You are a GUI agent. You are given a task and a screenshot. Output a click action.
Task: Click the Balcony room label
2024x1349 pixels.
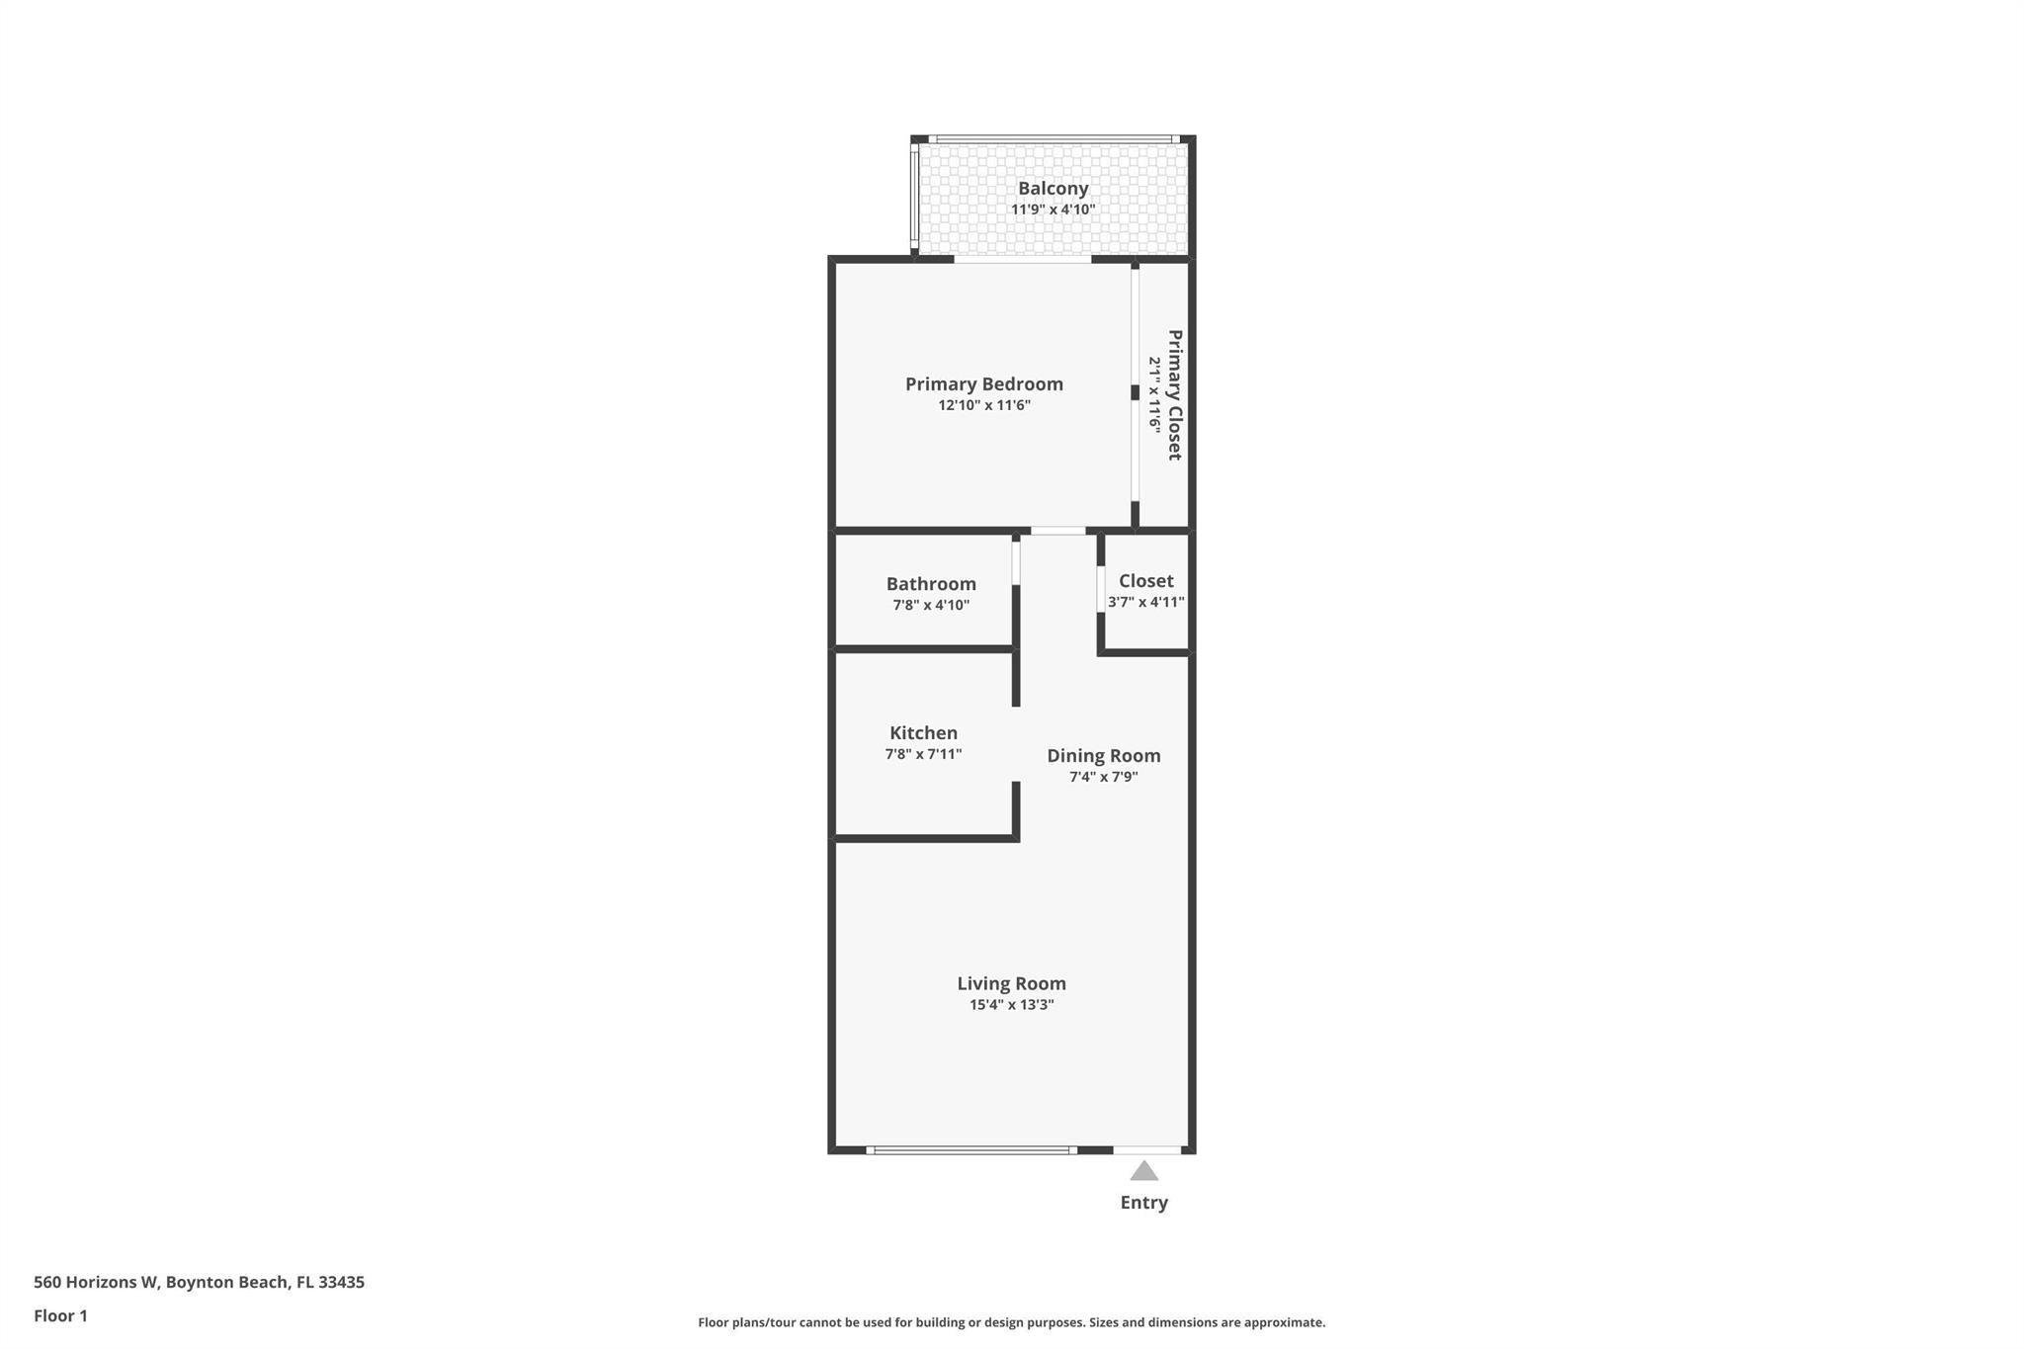[x=1053, y=188]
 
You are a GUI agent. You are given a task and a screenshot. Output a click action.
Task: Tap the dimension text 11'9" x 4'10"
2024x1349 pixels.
[x=1053, y=210]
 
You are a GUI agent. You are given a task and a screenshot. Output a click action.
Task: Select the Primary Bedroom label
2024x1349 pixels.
[x=984, y=383]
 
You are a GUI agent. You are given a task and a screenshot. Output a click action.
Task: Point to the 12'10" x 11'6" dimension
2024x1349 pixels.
[x=984, y=405]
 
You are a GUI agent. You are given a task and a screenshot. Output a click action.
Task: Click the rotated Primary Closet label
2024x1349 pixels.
[x=1175, y=394]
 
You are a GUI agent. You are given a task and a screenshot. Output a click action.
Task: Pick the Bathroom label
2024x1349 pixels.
[x=931, y=583]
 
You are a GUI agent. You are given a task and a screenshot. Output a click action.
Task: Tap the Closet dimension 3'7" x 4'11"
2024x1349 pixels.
[x=1145, y=602]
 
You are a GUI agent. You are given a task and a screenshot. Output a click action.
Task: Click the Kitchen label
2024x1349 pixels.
[x=923, y=732]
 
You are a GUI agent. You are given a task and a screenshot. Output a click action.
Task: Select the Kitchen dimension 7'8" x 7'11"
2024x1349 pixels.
[x=923, y=754]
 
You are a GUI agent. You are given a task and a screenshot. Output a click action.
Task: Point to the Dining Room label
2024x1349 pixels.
[x=1103, y=755]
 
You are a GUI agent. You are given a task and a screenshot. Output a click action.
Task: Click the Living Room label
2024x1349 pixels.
[x=1011, y=983]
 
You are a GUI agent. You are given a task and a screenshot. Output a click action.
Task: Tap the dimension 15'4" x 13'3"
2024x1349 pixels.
[x=1011, y=1005]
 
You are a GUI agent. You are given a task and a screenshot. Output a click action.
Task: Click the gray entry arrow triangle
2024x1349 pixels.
[x=1143, y=1172]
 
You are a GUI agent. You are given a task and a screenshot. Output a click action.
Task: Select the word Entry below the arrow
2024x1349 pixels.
[x=1143, y=1203]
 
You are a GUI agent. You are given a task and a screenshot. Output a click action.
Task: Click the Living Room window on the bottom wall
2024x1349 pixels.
[x=970, y=1150]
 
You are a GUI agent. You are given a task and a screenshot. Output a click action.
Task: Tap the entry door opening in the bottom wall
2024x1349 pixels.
[x=1146, y=1150]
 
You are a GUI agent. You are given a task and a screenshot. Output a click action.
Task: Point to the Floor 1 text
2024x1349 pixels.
[x=60, y=1315]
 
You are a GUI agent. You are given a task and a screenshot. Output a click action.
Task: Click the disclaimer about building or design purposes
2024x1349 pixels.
[x=1011, y=1322]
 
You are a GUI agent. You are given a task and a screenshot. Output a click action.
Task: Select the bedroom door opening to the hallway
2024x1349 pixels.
[x=1057, y=531]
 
